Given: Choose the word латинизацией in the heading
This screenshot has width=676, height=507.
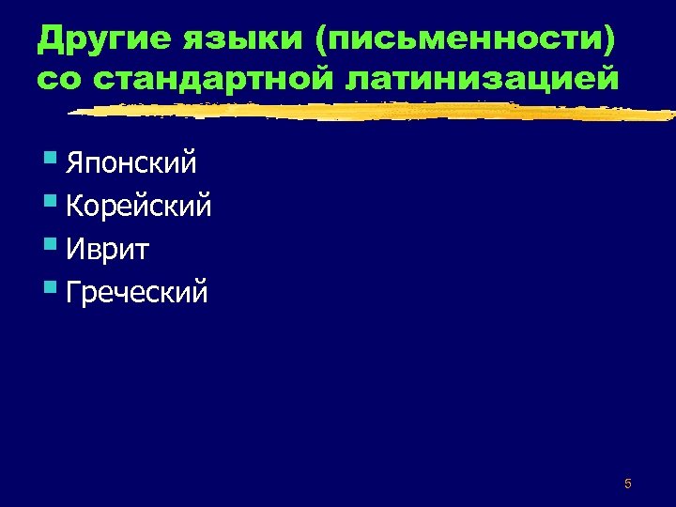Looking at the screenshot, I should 483,79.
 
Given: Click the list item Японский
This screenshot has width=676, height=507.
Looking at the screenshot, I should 131,164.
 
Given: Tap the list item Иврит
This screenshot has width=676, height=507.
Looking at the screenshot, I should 109,250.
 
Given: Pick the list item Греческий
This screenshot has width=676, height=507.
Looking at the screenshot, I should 137,292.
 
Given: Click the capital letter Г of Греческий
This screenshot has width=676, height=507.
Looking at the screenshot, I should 73,292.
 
